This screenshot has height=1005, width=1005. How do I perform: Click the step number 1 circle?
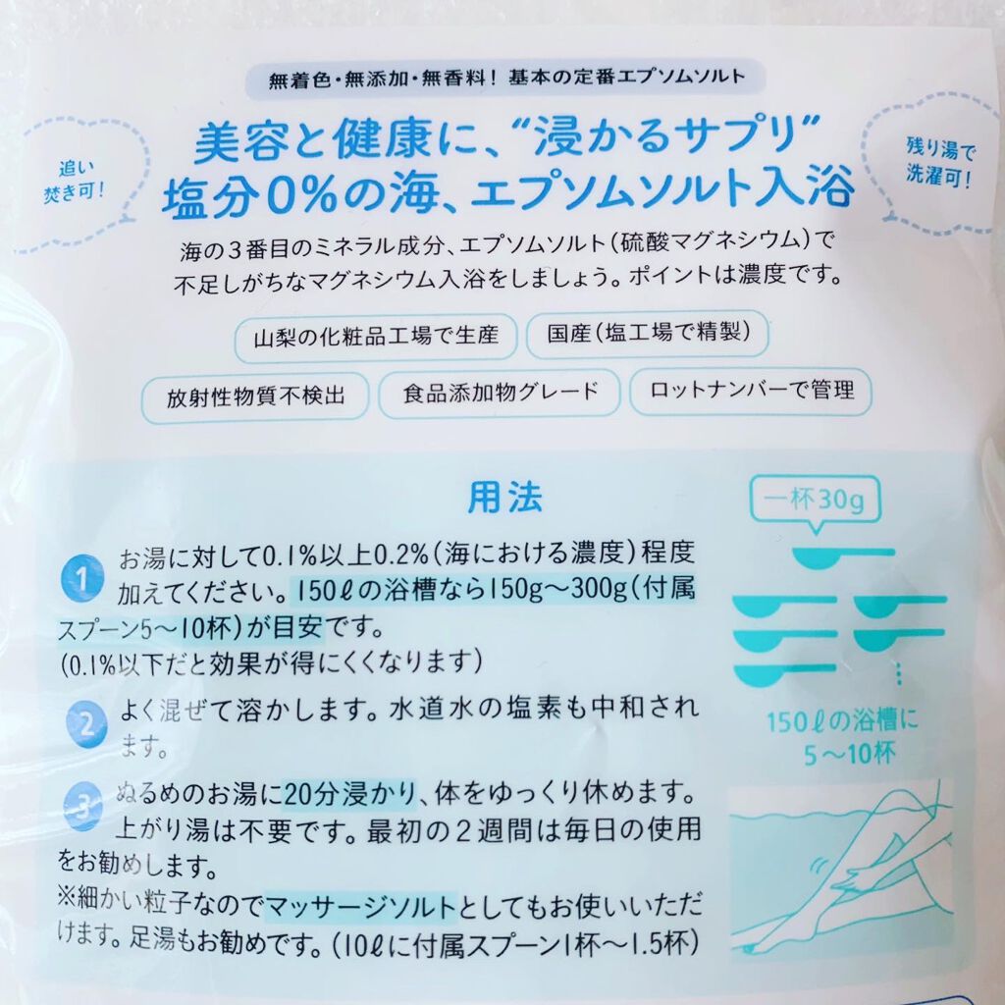82,577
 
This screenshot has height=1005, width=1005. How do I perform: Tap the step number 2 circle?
86,725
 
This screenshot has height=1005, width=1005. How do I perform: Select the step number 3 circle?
84,807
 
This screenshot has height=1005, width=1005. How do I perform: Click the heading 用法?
504,498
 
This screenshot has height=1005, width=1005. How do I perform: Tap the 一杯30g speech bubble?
815,502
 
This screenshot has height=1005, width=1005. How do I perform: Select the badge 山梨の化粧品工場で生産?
376,338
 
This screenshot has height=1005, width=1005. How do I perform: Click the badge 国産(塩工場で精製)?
648,334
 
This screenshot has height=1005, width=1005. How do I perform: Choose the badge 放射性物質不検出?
255,397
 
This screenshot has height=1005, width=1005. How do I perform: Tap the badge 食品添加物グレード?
500,393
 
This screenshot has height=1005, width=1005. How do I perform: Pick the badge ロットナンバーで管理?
751,390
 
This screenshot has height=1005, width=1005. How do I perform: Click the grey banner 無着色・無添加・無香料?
506,79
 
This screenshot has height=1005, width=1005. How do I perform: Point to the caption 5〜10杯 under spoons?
849,755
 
